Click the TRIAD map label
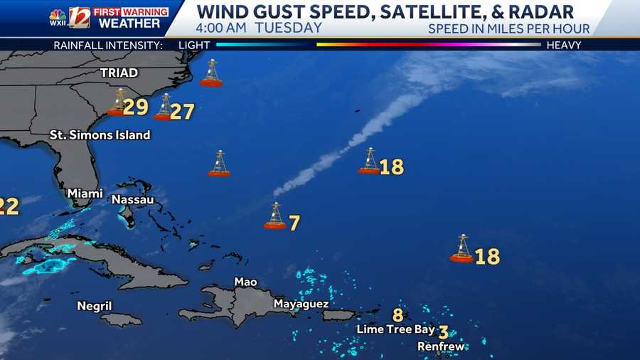tap(119, 73)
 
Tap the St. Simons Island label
tap(100, 134)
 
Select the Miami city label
tap(85, 194)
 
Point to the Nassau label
tap(132, 200)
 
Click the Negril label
tap(95, 306)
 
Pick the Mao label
tap(245, 282)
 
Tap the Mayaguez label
tap(301, 304)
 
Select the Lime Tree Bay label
tap(395, 329)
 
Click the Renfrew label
tap(441, 346)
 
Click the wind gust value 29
tap(135, 107)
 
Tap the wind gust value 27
tap(182, 112)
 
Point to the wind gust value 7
tap(294, 223)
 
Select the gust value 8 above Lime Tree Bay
tap(398, 314)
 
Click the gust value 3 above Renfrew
tap(443, 332)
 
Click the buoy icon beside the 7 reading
tap(275, 216)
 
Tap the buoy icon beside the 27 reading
tap(164, 107)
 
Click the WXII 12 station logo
tap(69, 17)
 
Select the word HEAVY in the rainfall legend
tap(563, 45)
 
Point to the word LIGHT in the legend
tap(195, 45)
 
